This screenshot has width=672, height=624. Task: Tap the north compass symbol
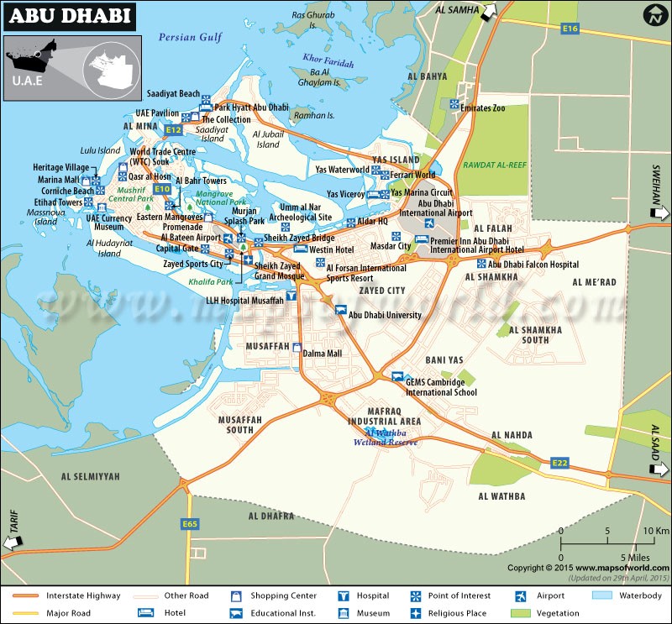click(655, 14)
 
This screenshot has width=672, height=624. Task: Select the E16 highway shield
click(570, 29)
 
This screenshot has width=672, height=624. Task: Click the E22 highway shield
click(560, 463)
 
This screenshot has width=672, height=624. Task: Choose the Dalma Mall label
click(322, 354)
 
